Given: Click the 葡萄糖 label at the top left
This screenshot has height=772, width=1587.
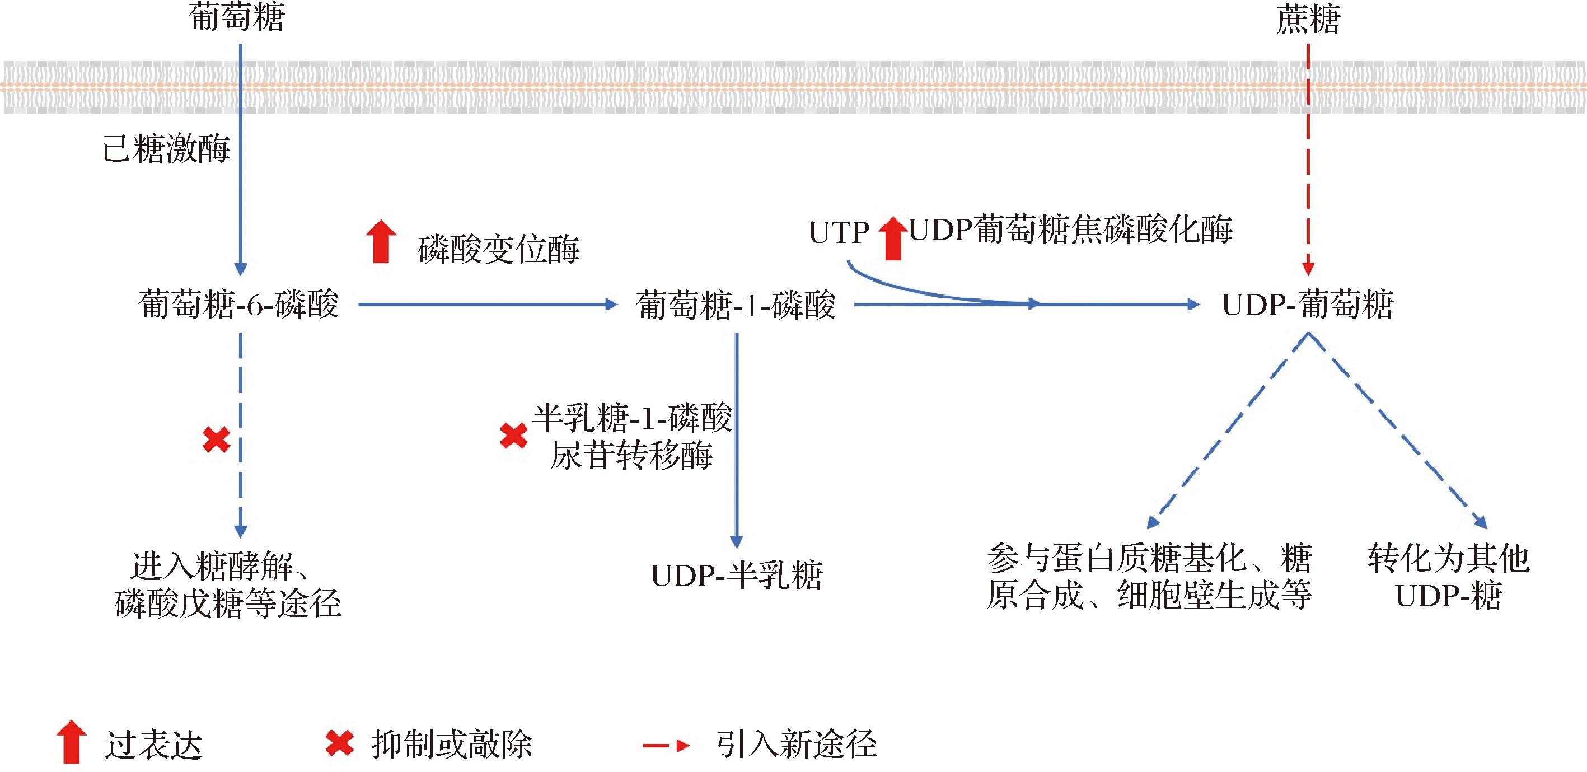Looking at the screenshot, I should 237,17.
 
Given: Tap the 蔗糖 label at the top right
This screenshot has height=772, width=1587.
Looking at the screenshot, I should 1308,20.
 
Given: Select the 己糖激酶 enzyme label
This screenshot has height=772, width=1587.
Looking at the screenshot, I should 166,148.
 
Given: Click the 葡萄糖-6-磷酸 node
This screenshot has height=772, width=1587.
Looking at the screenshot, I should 239,305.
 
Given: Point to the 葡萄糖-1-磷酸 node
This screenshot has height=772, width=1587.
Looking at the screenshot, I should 736,305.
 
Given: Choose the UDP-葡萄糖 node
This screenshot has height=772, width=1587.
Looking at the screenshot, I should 1307,305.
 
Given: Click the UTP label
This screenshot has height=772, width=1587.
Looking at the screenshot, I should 838,233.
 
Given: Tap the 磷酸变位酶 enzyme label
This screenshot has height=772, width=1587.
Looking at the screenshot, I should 498,249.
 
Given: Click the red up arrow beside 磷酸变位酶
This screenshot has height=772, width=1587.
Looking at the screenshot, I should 381,241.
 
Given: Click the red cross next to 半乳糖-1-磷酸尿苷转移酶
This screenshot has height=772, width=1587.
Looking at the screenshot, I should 513,436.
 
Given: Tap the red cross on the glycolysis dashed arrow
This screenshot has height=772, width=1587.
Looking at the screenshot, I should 216,440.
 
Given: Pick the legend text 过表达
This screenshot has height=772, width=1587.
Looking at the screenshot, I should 153,746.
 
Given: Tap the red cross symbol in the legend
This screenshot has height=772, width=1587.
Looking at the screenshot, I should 339,743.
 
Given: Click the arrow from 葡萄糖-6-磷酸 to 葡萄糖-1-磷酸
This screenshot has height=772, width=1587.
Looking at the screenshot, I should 486,305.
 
